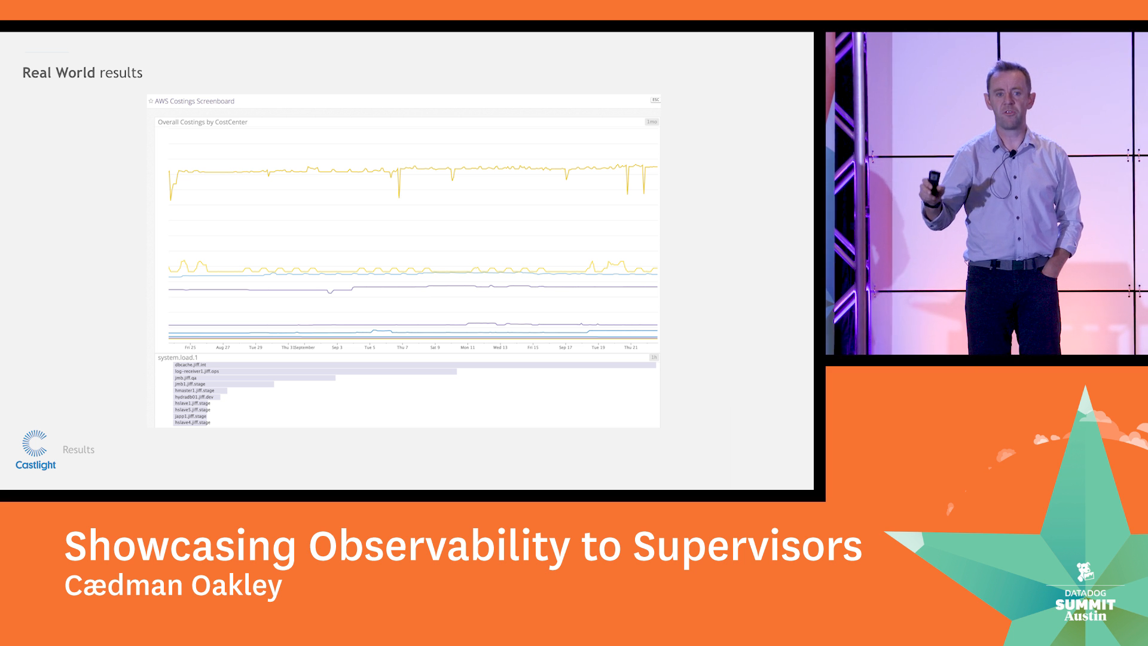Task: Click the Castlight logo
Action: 35,450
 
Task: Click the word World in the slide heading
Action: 75,73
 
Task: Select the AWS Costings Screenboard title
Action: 194,101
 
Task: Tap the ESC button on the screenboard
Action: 655,100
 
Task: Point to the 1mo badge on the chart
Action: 651,122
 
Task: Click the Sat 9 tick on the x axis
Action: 435,348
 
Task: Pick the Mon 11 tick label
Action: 468,348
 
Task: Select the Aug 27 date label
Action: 223,348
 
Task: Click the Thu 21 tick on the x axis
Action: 631,348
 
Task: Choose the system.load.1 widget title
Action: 178,358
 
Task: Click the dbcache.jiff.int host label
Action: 190,365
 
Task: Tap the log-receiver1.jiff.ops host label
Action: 197,371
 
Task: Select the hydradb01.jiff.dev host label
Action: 194,397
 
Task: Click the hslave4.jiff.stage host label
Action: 193,423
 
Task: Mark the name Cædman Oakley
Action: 173,586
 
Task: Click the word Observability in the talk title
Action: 439,546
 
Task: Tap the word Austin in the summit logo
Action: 1085,616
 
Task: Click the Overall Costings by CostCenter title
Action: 203,122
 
